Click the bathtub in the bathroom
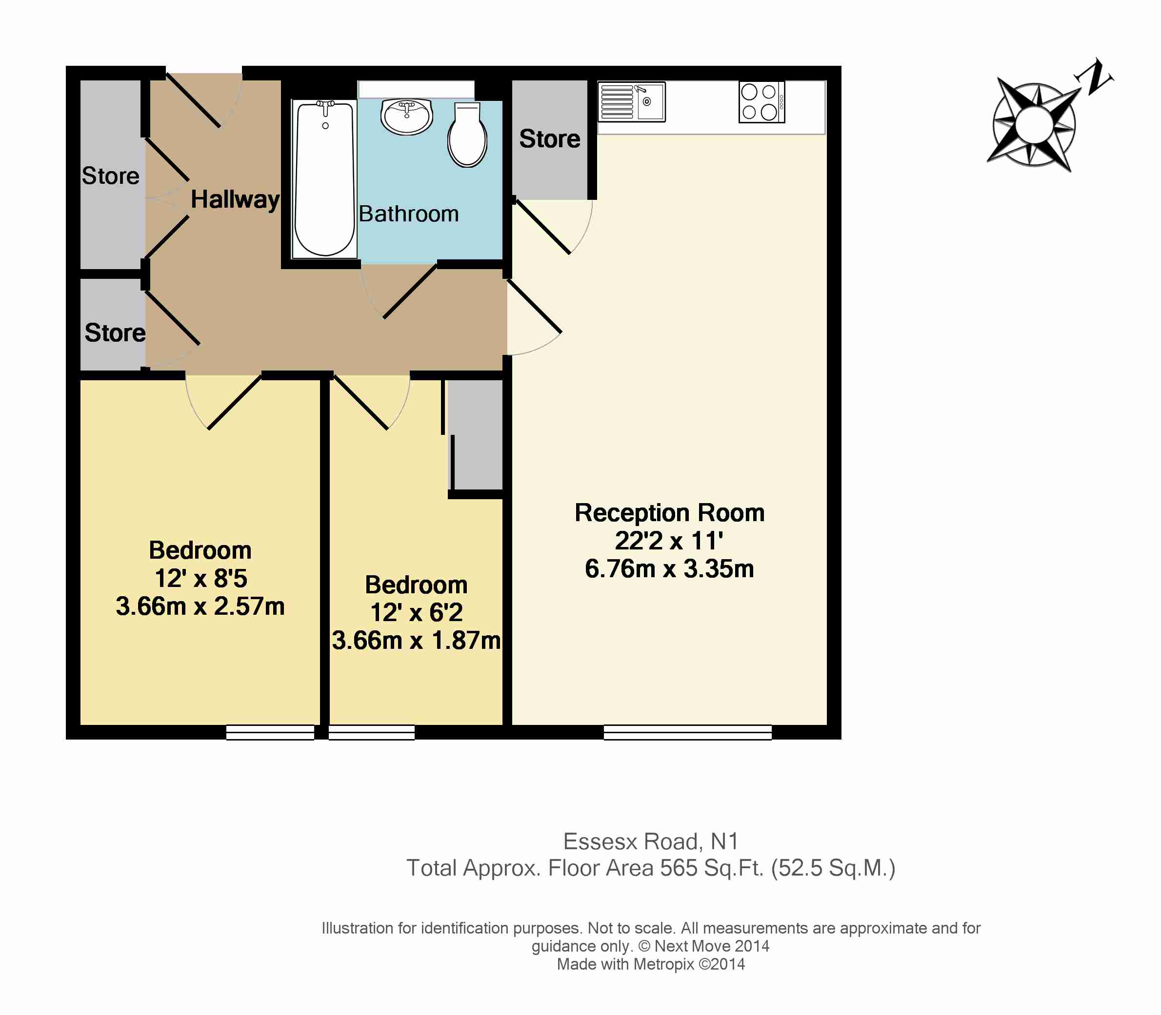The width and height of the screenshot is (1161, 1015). click(325, 179)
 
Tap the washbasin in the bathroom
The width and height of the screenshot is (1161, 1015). click(407, 117)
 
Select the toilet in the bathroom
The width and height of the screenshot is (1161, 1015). click(467, 135)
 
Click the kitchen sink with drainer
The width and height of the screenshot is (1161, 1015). click(632, 102)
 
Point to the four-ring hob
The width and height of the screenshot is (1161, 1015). click(762, 102)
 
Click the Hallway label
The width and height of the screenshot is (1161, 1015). click(235, 199)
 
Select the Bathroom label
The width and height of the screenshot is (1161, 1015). click(408, 214)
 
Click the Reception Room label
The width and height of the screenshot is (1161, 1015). click(670, 512)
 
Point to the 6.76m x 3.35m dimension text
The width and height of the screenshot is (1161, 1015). click(670, 568)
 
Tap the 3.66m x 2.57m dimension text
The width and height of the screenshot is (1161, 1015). click(200, 606)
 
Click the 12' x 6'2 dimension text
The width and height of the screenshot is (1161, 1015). click(417, 612)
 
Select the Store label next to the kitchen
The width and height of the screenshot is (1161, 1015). click(550, 139)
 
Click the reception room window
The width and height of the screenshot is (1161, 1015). click(688, 732)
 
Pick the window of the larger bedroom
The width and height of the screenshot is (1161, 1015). click(270, 732)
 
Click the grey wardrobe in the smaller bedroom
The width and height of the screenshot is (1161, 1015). click(476, 434)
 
